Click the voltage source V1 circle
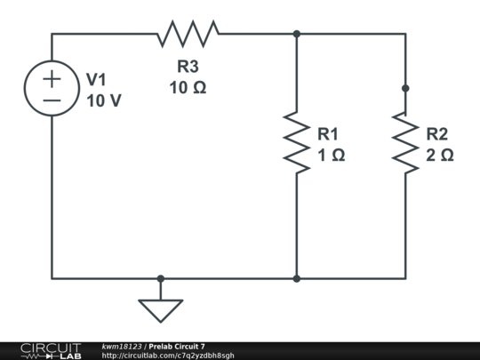click(x=52, y=89)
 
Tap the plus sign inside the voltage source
click(x=52, y=78)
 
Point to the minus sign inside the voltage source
click(x=52, y=100)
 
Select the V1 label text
click(x=96, y=80)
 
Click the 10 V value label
click(x=104, y=100)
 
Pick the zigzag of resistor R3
click(x=188, y=34)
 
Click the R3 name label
click(x=188, y=66)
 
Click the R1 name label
click(x=329, y=133)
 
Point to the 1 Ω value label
click(x=331, y=155)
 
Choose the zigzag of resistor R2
click(x=405, y=143)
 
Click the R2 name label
click(x=437, y=133)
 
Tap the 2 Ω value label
click(x=439, y=155)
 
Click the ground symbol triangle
click(x=161, y=309)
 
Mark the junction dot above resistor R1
click(x=296, y=34)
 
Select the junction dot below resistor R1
click(x=296, y=278)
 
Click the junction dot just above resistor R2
click(x=405, y=88)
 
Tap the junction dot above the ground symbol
click(x=161, y=278)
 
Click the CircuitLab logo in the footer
click(x=50, y=350)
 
